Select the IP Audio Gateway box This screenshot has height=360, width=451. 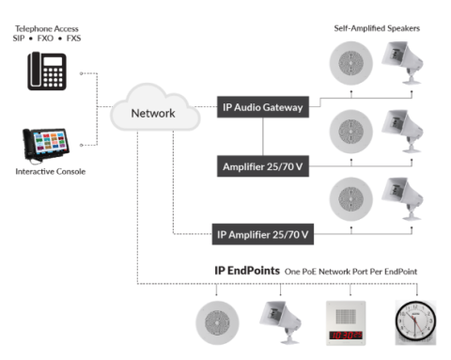[x=263, y=108]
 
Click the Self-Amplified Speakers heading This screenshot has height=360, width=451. [x=377, y=28]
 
